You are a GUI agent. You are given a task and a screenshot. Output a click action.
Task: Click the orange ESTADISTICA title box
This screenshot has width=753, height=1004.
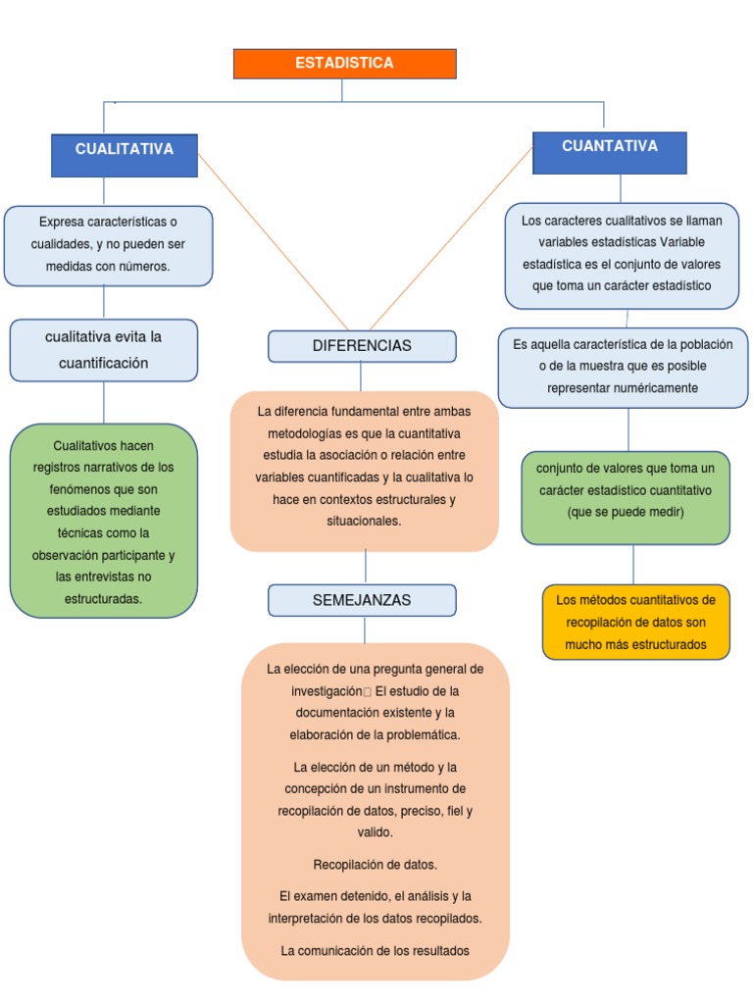[x=344, y=64]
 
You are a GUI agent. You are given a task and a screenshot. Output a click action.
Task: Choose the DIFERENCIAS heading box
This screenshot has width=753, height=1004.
[x=362, y=346]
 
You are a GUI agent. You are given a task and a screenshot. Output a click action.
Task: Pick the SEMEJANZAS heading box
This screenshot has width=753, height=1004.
[x=362, y=600]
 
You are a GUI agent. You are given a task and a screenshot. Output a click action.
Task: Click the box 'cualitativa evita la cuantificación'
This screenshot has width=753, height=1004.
[x=104, y=350]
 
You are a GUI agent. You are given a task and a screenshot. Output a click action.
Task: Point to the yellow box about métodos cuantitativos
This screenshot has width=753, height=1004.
[x=635, y=623]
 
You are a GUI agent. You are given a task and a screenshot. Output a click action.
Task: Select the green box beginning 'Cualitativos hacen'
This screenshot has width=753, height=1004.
[x=104, y=521]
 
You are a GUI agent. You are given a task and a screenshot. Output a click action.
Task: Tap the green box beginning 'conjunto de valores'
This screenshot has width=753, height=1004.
[x=626, y=498]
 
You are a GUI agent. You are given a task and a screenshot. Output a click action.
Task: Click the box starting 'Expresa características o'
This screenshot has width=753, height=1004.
[x=108, y=245]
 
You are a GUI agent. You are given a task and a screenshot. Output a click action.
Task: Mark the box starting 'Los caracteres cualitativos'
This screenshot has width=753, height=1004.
[x=622, y=255]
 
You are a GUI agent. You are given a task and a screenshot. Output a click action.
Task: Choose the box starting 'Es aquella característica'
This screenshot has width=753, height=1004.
[x=623, y=367]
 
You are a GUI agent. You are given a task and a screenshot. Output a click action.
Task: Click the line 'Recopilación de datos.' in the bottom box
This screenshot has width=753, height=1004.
[x=375, y=865]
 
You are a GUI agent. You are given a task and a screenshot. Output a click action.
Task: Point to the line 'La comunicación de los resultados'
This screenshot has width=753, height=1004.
[x=375, y=950]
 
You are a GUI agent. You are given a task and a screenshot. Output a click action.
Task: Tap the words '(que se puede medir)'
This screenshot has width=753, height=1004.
[x=626, y=512]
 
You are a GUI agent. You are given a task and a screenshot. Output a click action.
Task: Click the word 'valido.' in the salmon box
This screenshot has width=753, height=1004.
[x=375, y=832]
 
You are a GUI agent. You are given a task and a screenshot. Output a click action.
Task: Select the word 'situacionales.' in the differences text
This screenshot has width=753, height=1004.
[x=364, y=522]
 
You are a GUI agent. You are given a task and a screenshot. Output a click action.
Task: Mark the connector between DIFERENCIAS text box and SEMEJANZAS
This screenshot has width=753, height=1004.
[x=366, y=567]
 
